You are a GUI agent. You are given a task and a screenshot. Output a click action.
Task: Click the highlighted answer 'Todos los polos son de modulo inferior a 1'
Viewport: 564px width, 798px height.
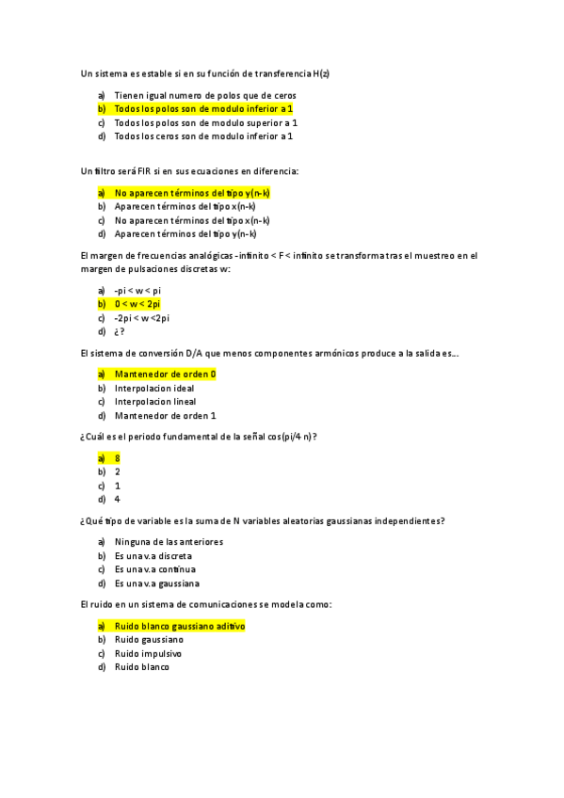tap(203, 109)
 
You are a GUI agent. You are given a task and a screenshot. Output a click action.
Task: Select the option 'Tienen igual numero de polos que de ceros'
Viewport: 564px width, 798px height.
tap(204, 95)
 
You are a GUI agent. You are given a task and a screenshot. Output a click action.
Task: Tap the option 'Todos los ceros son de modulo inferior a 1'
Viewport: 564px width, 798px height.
tap(203, 136)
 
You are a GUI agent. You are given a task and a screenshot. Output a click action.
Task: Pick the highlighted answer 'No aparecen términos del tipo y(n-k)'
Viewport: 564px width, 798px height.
tap(192, 193)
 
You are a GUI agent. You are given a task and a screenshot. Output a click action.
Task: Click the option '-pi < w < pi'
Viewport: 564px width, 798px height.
tap(137, 291)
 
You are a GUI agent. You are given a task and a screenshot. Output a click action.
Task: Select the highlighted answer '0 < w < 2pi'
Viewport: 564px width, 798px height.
tap(137, 304)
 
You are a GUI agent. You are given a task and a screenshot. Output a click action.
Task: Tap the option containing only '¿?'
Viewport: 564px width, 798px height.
tap(120, 331)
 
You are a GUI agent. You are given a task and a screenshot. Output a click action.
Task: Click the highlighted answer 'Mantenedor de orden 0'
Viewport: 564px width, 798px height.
tap(165, 374)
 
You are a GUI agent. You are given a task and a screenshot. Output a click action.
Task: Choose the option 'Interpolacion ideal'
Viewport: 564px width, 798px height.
tap(154, 388)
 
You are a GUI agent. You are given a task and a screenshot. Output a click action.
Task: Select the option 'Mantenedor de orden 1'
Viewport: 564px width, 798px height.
tap(165, 415)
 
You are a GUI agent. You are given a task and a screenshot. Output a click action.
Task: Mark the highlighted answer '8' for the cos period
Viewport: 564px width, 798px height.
tap(118, 458)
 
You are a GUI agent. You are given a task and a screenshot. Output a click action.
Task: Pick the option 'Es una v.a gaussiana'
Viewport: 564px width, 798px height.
tap(156, 583)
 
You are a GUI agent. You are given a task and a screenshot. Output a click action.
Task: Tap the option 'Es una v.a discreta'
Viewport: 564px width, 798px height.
tap(153, 556)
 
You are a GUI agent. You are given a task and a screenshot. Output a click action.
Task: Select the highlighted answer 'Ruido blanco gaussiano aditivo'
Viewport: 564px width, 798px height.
tap(180, 626)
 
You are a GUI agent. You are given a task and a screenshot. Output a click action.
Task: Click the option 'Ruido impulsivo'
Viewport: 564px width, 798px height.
tap(148, 653)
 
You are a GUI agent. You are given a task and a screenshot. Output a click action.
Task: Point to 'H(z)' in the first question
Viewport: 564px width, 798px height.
tap(321, 72)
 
